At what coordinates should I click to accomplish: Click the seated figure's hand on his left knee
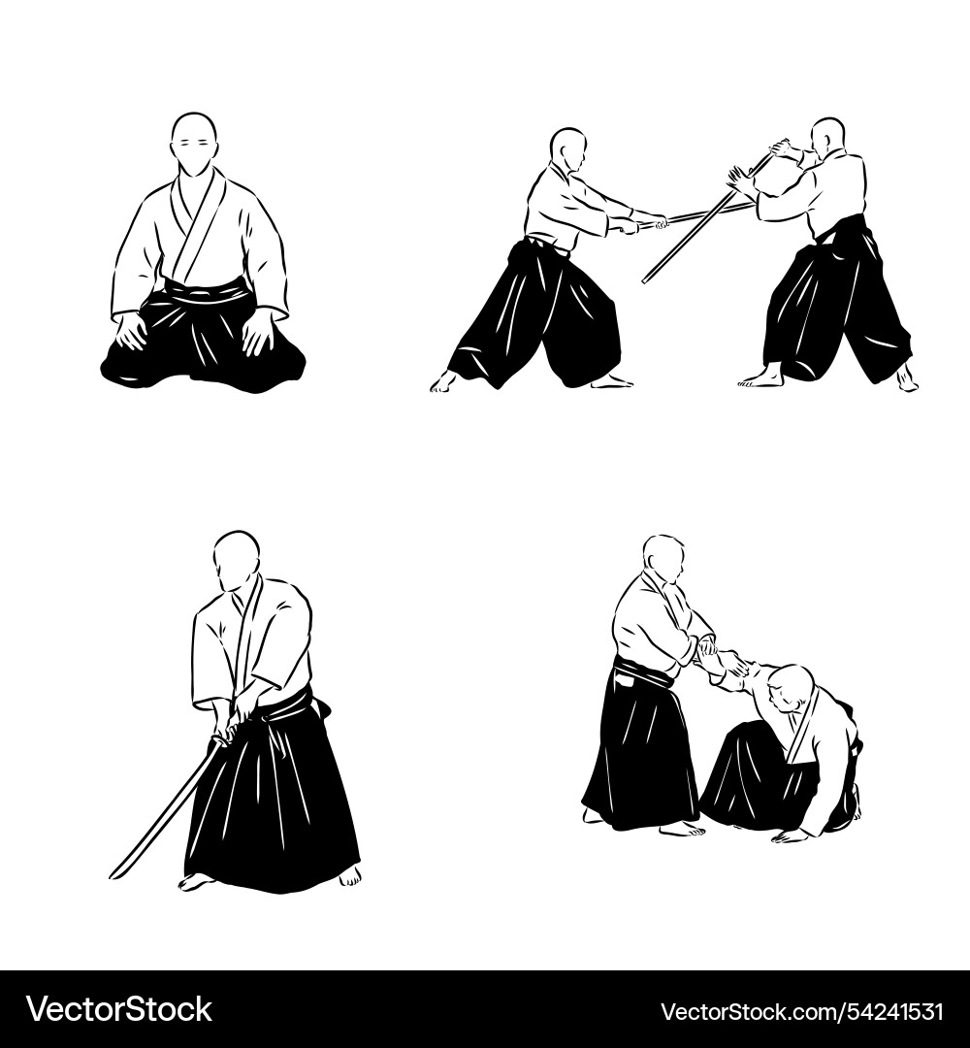point(258,333)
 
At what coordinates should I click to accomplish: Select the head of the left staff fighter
point(568,149)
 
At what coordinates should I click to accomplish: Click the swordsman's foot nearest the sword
point(196,881)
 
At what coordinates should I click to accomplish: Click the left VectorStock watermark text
point(118,1010)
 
